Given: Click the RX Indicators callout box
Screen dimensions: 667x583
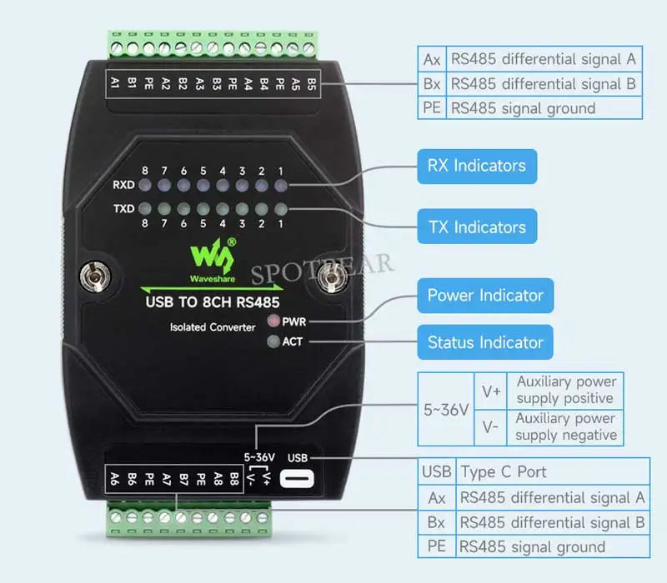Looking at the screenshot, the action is [476, 166].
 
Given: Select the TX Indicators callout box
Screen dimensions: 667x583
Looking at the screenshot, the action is [476, 227].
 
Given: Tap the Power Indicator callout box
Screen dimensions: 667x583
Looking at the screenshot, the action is [484, 296].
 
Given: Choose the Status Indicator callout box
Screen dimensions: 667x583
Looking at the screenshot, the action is [484, 342].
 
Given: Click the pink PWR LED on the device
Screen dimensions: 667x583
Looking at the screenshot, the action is [272, 320].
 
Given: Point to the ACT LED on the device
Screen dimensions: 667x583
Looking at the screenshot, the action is [272, 341].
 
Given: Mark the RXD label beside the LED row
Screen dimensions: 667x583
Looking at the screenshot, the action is [124, 186].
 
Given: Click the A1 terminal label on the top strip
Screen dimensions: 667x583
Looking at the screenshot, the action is [116, 83].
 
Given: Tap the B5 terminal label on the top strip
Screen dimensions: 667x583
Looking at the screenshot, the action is [311, 83].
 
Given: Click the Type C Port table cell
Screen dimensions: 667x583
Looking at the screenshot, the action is [503, 471].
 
